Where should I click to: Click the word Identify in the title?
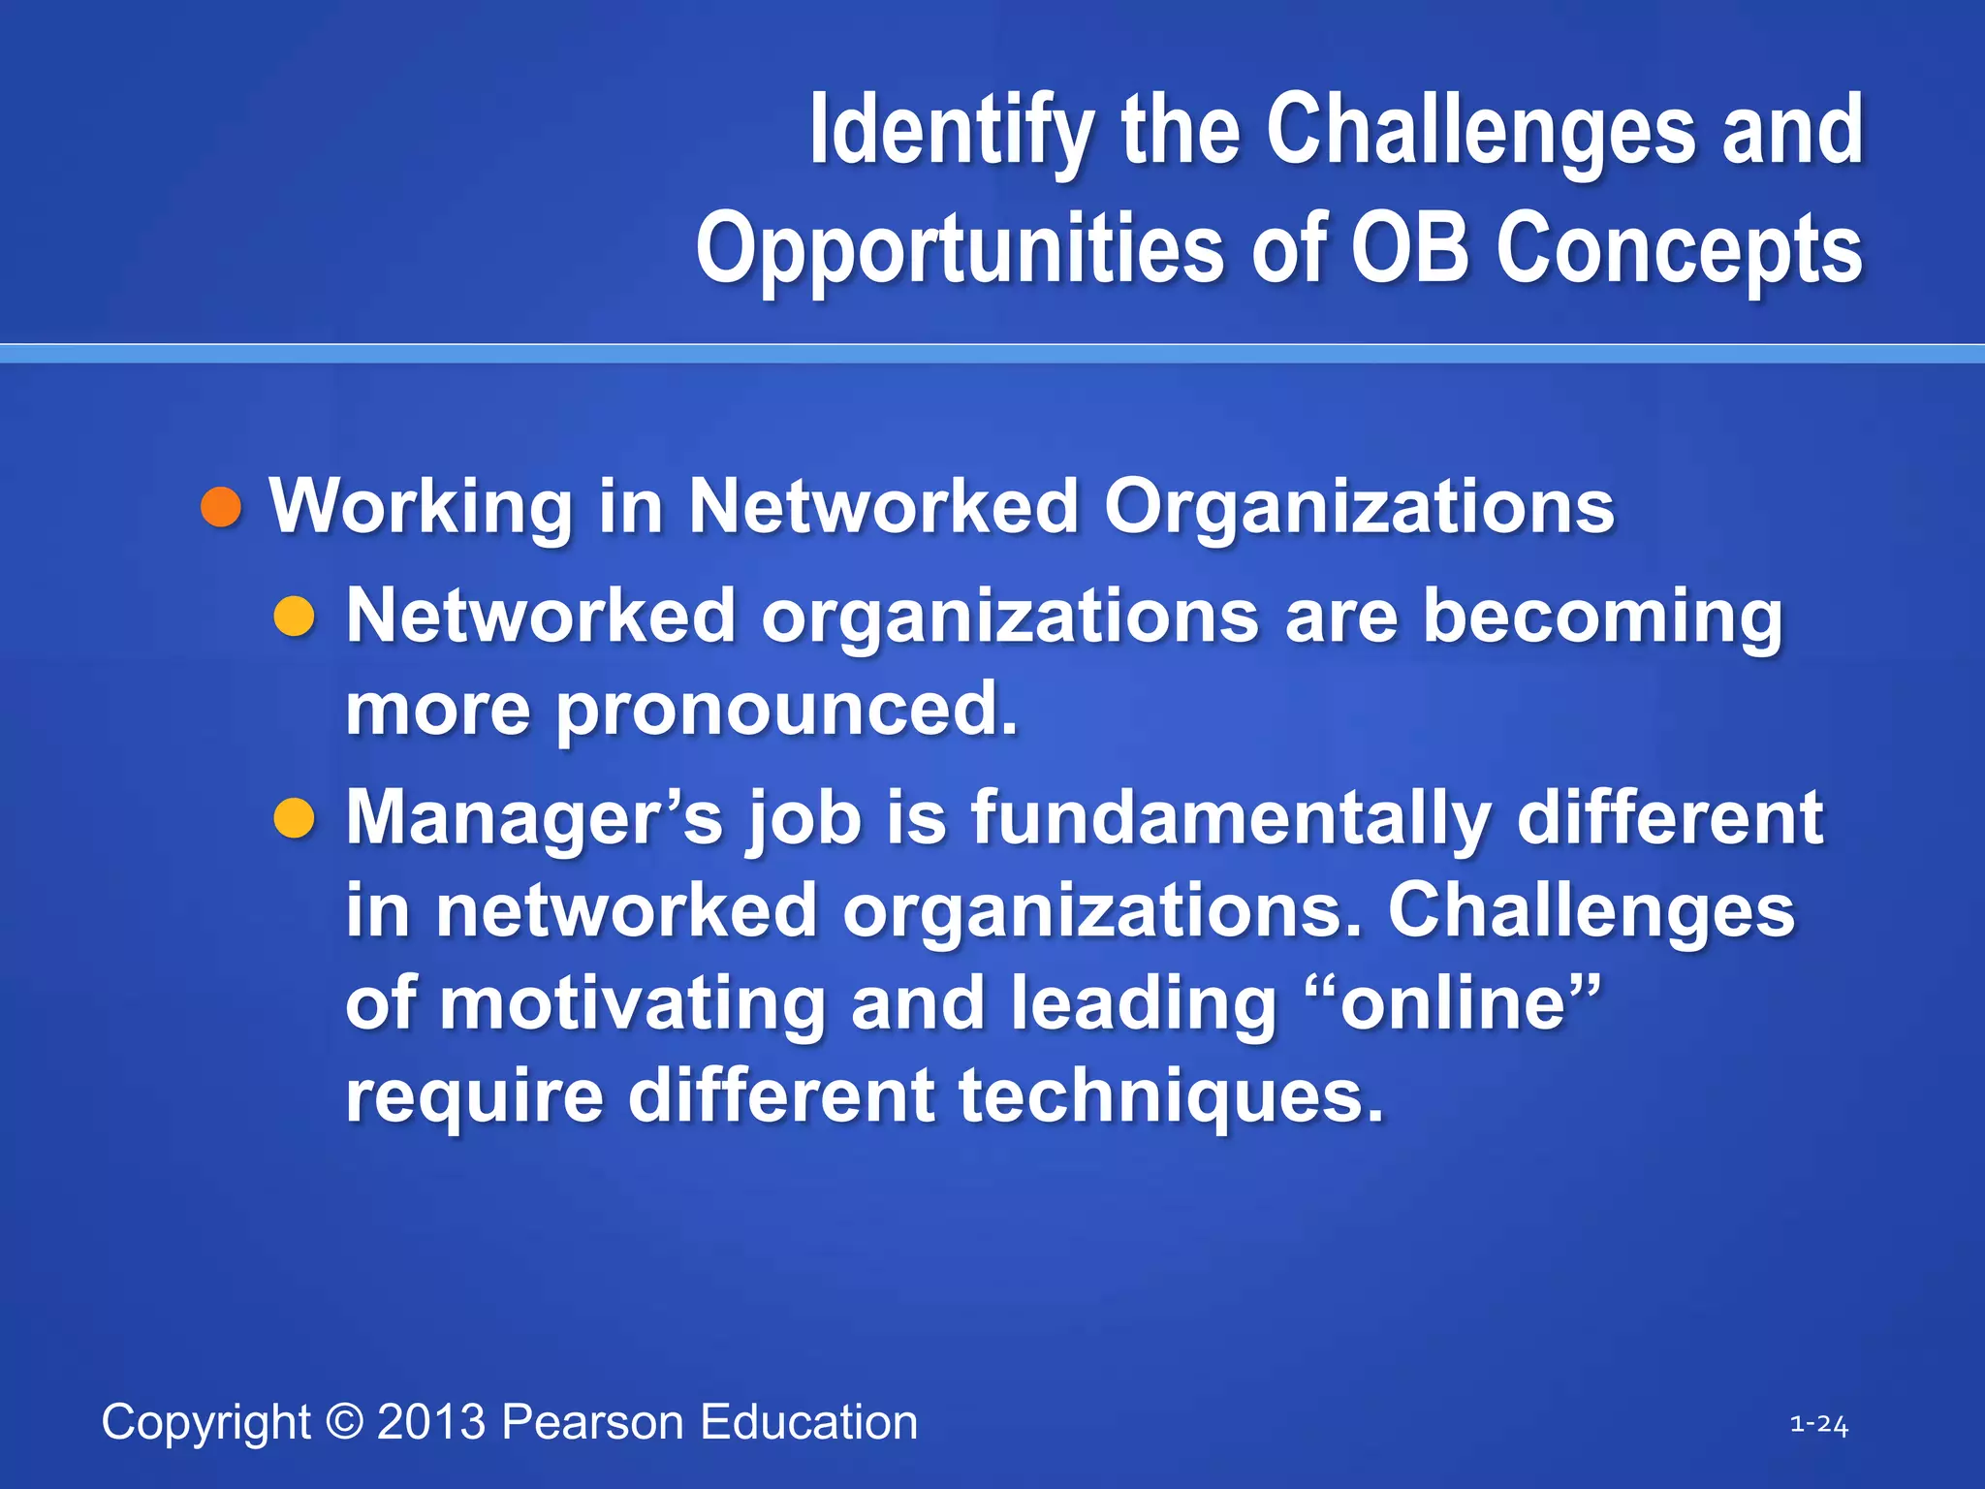pyautogui.click(x=952, y=130)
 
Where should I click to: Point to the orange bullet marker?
pyautogui.click(x=221, y=507)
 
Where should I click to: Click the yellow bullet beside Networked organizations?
pyautogui.click(x=294, y=617)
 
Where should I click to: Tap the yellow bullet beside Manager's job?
pyautogui.click(x=294, y=818)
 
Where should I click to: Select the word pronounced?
pyautogui.click(x=786, y=708)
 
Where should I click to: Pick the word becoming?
pyautogui.click(x=1601, y=617)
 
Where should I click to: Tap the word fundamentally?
pyautogui.click(x=1231, y=816)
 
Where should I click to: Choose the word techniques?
pyautogui.click(x=1171, y=1095)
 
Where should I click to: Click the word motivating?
pyautogui.click(x=632, y=1002)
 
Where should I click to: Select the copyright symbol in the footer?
pyautogui.click(x=344, y=1422)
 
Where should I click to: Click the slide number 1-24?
pyautogui.click(x=1818, y=1424)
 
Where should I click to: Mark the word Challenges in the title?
pyautogui.click(x=1480, y=130)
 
